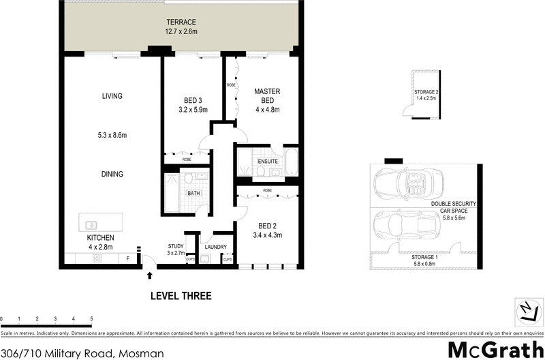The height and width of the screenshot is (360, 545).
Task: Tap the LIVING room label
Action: (112, 96)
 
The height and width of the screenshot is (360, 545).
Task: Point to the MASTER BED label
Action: (267, 95)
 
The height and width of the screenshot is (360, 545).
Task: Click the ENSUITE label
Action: (267, 160)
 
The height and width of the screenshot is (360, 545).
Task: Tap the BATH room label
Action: (194, 193)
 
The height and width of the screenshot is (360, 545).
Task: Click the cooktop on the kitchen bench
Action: (96, 259)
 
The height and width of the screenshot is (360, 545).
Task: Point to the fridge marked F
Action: (127, 259)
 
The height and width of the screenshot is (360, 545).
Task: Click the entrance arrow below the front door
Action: (149, 275)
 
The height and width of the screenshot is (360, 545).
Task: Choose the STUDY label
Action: (176, 247)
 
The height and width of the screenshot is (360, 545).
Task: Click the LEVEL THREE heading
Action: (181, 296)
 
